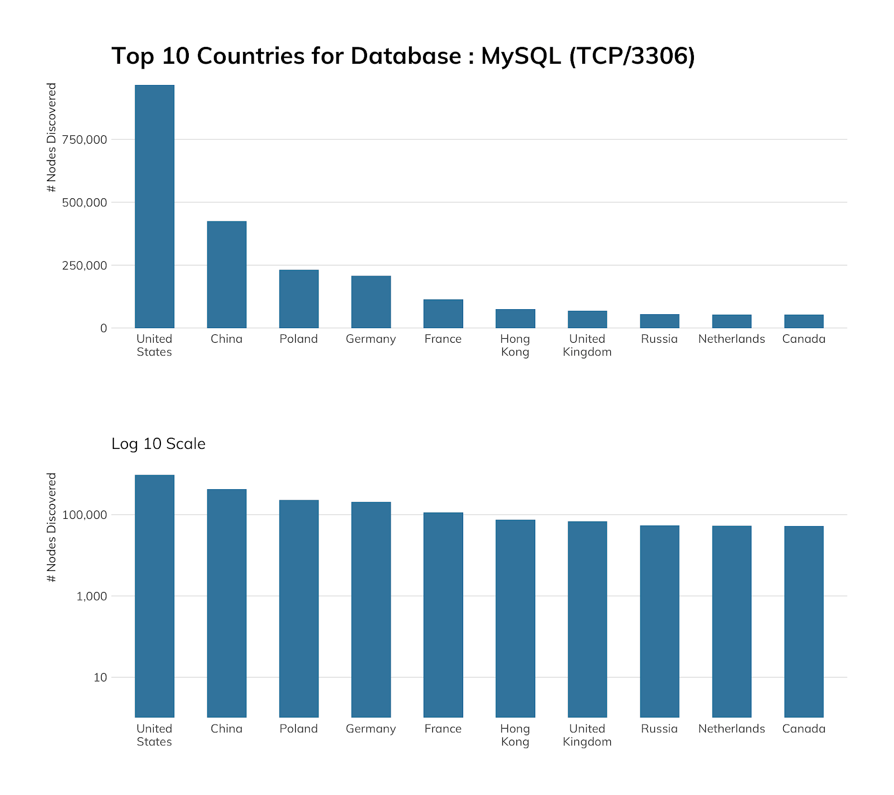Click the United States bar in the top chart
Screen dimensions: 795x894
click(x=154, y=206)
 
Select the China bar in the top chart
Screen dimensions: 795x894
click(x=226, y=275)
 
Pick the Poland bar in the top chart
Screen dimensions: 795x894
click(x=298, y=299)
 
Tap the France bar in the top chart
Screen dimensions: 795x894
click(x=443, y=314)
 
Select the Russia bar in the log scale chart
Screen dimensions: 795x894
click(x=659, y=621)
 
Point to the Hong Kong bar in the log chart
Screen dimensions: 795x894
click(x=515, y=618)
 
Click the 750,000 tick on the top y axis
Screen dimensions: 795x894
click(x=84, y=140)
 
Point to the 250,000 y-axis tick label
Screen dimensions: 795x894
click(x=84, y=266)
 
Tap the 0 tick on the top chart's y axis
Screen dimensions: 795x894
click(x=103, y=329)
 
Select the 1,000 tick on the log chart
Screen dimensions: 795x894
click(x=92, y=597)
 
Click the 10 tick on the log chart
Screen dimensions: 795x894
click(x=100, y=678)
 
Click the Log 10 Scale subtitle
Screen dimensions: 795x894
click(x=159, y=444)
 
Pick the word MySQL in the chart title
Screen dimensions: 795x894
click(x=521, y=56)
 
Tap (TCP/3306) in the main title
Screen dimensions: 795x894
click(x=632, y=56)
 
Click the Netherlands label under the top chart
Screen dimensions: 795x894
click(x=731, y=339)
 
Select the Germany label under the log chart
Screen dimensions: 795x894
click(x=370, y=729)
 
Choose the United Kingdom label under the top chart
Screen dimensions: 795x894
click(x=587, y=346)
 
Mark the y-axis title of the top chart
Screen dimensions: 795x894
click(x=52, y=138)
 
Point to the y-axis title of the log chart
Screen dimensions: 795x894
click(x=52, y=527)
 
